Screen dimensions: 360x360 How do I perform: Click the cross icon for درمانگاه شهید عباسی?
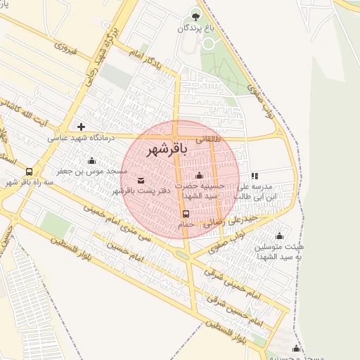(82, 127)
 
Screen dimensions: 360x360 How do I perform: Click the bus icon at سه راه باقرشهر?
(29, 172)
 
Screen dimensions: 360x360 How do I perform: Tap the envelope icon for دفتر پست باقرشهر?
(141, 181)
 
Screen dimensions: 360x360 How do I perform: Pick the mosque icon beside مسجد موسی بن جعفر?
(92, 161)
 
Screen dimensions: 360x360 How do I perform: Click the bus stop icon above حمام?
(186, 213)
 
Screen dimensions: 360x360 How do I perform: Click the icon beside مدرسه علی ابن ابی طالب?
(255, 176)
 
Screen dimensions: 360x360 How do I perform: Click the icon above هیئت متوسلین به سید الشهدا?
(280, 236)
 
